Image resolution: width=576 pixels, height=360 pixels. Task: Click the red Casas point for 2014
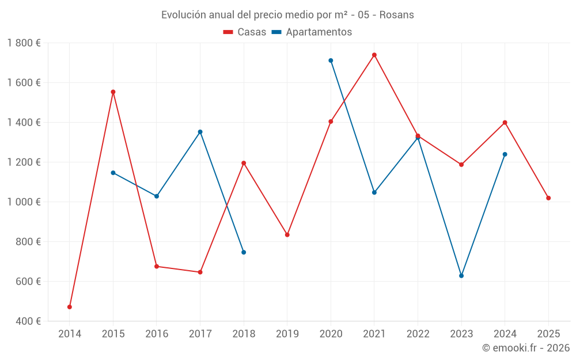point(70,307)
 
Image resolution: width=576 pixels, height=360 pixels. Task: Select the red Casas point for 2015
point(113,92)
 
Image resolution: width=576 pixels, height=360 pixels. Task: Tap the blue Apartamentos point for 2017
point(200,132)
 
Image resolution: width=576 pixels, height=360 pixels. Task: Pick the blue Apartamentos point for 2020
point(331,60)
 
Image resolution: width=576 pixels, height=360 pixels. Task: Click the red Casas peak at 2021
point(374,55)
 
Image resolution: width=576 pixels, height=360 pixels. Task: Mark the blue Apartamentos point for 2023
point(461,276)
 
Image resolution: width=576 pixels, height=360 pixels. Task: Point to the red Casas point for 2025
point(548,198)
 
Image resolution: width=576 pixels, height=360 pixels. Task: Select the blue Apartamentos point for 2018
point(244,252)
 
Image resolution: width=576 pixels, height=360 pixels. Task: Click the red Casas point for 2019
point(287,235)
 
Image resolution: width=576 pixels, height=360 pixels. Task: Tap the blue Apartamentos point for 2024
point(505,154)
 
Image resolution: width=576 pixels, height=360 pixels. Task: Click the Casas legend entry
point(245,32)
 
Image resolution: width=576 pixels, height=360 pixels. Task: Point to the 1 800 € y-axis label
point(24,43)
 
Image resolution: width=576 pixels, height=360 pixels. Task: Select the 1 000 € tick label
point(24,202)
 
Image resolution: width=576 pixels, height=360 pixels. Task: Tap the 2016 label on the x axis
point(157,334)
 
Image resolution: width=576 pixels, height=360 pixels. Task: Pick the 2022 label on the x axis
point(418,334)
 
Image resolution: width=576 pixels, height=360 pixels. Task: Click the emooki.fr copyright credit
point(526,348)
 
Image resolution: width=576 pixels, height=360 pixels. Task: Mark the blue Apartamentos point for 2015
point(113,173)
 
